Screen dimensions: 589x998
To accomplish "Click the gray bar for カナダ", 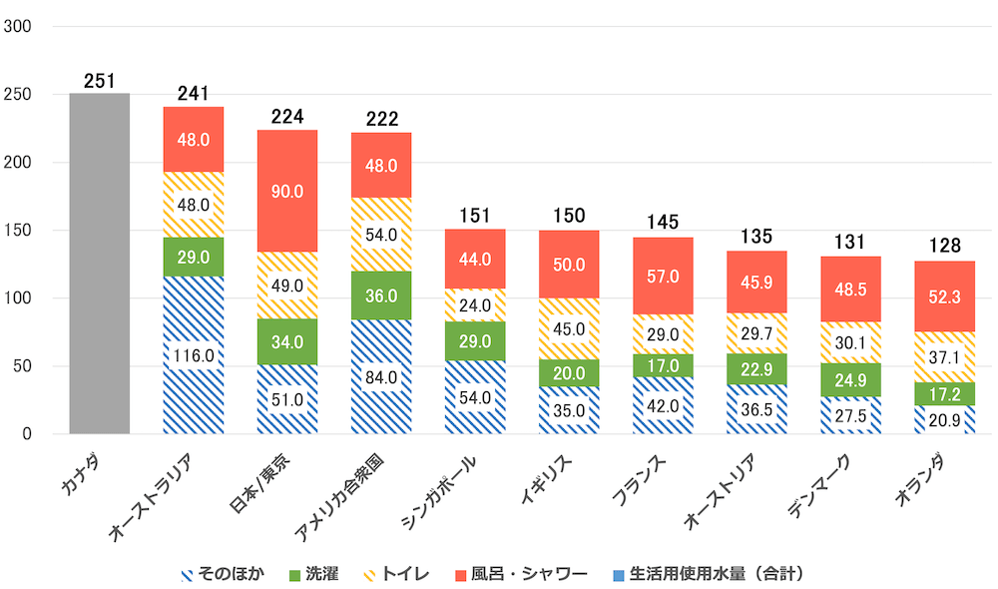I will [x=100, y=264].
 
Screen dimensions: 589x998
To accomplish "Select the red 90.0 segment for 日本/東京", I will [x=287, y=191].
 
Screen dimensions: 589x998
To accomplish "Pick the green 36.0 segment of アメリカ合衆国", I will [x=381, y=295].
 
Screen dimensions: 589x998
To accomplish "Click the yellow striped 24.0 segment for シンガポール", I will [x=475, y=305].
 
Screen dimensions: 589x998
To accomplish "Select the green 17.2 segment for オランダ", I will [x=945, y=394].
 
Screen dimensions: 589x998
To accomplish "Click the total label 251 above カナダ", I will [x=100, y=81].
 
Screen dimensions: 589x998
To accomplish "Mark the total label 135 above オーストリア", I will [x=756, y=238].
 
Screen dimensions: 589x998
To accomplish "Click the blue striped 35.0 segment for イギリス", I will [x=569, y=409].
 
